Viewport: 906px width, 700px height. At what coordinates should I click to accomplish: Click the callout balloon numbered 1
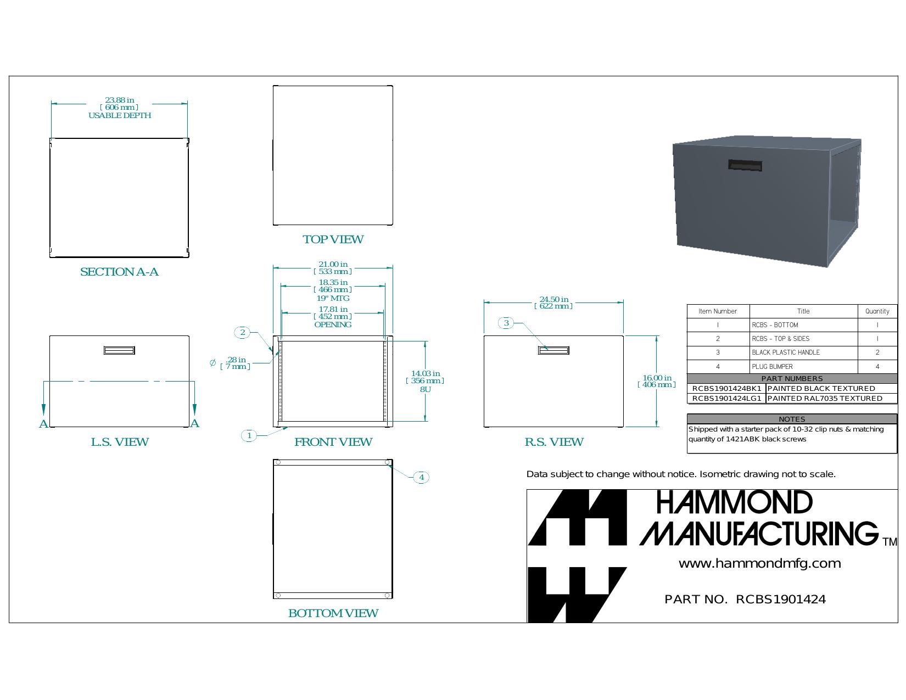pos(249,436)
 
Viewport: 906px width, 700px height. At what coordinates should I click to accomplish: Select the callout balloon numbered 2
pos(242,332)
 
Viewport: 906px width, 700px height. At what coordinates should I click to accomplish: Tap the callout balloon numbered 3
pos(506,323)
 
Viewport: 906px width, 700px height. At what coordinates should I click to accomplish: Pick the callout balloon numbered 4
pos(421,477)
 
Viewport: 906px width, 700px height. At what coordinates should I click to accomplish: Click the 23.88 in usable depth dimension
pos(120,108)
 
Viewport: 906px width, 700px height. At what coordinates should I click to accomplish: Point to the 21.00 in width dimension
pos(333,268)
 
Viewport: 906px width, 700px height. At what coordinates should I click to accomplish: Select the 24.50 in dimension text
pos(553,303)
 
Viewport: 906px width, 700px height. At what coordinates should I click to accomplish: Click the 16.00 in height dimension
pos(657,381)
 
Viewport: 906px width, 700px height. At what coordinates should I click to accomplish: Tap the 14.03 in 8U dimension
pos(425,381)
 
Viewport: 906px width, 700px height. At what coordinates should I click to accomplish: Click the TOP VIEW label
pos(333,239)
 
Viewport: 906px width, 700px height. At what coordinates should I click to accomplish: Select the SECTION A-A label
pos(119,272)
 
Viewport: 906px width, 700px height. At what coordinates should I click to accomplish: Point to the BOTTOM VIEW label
pos(333,613)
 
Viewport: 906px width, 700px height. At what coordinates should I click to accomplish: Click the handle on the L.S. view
pos(119,350)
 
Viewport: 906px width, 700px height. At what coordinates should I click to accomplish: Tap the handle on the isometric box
pos(745,165)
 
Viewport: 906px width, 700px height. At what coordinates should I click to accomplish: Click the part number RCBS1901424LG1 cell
pos(726,399)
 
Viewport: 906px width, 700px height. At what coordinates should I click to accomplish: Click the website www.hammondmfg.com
pos(759,564)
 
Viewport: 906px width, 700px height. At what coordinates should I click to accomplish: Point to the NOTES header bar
pos(792,419)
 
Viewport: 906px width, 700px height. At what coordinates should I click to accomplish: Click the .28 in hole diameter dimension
pos(235,363)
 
